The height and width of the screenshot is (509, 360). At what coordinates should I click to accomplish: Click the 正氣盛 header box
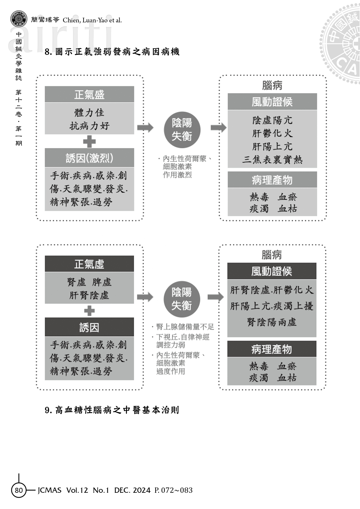pyautogui.click(x=89, y=94)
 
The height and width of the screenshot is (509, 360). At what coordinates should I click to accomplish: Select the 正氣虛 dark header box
pyautogui.click(x=89, y=264)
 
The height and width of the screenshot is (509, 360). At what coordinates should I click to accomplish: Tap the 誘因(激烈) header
pyautogui.click(x=89, y=158)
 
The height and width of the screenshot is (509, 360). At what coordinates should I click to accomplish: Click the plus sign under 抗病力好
pyautogui.click(x=89, y=142)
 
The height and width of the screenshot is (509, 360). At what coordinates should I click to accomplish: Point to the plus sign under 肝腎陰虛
pyautogui.click(x=89, y=311)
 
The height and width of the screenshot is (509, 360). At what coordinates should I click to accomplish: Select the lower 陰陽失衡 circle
pyautogui.click(x=182, y=299)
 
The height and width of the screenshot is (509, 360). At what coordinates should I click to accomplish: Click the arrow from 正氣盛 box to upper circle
pyautogui.click(x=145, y=127)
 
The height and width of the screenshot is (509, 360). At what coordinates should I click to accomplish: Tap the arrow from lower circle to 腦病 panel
pyautogui.click(x=216, y=297)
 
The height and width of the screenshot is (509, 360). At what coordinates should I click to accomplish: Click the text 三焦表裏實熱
pyautogui.click(x=272, y=160)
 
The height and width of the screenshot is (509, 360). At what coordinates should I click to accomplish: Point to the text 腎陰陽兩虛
pyautogui.click(x=272, y=322)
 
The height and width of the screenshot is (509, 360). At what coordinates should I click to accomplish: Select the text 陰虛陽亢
pyautogui.click(x=272, y=120)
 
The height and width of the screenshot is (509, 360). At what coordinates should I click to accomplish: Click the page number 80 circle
pyautogui.click(x=19, y=490)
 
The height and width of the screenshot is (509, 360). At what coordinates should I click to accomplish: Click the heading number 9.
pyautogui.click(x=48, y=410)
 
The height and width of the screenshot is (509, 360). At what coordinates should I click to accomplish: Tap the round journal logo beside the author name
pyautogui.click(x=19, y=19)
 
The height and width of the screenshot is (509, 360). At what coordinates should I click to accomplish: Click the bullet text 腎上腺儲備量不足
pyautogui.click(x=185, y=327)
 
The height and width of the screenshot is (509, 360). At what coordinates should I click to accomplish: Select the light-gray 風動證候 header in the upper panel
pyautogui.click(x=272, y=102)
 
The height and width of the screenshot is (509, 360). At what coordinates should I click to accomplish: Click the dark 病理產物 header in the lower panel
pyautogui.click(x=272, y=349)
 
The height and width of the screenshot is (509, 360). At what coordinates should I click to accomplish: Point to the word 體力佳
pyautogui.click(x=89, y=113)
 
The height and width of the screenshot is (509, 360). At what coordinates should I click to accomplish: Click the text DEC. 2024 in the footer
pyautogui.click(x=132, y=490)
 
